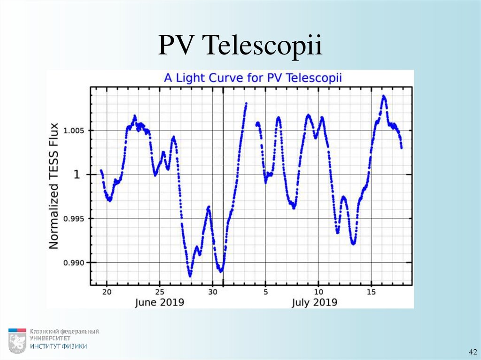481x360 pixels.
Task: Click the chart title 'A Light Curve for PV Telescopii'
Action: tap(253, 78)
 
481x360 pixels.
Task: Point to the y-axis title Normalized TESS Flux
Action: tap(54, 186)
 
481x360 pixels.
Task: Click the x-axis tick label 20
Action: tap(107, 291)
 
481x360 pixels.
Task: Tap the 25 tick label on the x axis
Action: tap(160, 291)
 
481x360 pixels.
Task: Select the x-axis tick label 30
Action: tap(213, 291)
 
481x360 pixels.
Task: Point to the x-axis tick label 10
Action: tap(318, 291)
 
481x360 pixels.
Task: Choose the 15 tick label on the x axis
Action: tap(372, 291)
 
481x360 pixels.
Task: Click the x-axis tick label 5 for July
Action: tap(265, 291)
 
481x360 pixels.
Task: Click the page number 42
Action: tap(472, 352)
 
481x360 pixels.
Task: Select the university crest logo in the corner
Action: tap(17, 340)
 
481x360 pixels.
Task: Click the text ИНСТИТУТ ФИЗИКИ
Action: tap(58, 346)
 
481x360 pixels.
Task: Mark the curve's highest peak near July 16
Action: tap(384, 97)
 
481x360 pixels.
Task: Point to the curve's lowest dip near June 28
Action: tap(190, 276)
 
